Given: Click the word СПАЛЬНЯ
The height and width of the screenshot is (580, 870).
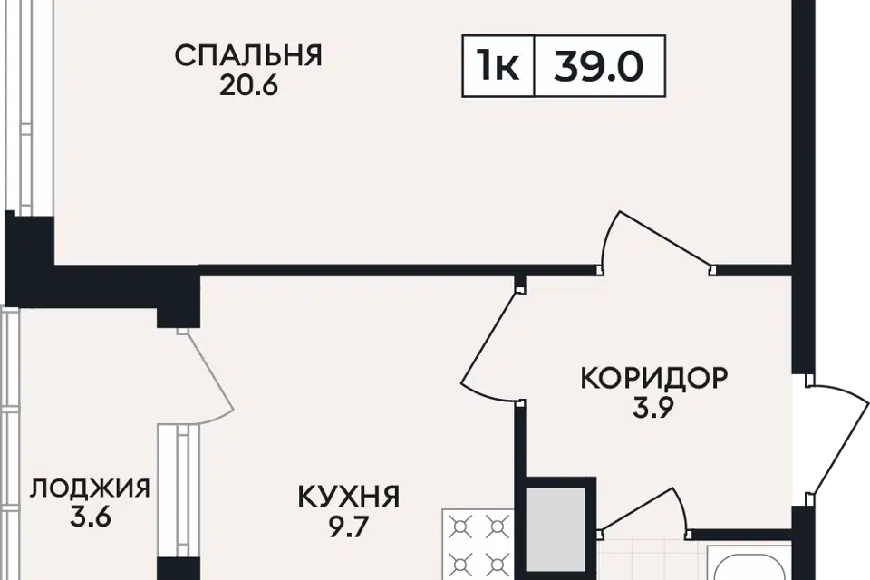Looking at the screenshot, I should (247, 55).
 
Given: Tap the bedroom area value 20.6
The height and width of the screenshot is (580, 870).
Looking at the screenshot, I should (247, 85).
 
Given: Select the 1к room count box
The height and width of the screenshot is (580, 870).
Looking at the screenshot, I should (498, 66).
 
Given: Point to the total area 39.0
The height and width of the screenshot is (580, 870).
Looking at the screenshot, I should (599, 66).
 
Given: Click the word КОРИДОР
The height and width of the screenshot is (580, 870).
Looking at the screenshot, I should (653, 378).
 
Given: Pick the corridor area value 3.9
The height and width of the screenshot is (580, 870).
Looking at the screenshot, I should (653, 408).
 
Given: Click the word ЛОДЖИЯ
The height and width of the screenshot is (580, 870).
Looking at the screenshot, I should (90, 490).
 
